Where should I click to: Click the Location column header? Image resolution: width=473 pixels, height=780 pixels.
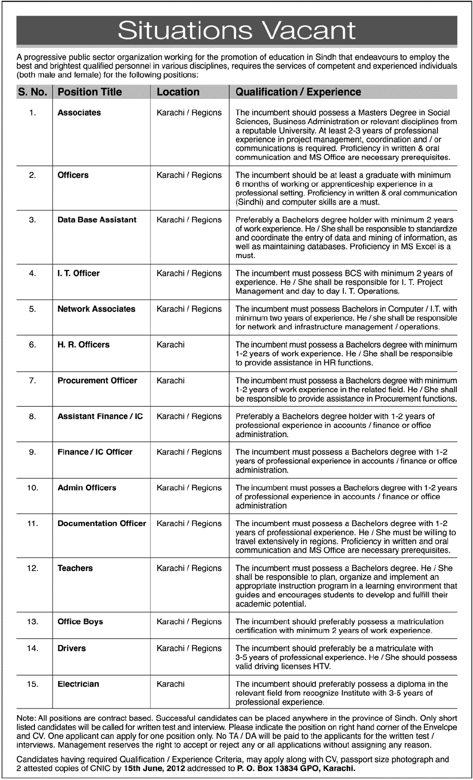178,92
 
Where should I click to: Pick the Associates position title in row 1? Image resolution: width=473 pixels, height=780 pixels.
79,113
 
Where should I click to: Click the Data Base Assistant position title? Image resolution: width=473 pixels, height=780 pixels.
97,220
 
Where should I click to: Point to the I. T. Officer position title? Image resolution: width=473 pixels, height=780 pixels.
79,273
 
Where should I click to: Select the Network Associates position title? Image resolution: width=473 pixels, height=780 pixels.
96,309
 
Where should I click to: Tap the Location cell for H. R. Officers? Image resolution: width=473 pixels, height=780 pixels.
171,344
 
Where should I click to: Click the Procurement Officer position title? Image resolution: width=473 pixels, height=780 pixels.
97,380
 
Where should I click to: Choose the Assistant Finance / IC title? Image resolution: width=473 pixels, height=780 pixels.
100,416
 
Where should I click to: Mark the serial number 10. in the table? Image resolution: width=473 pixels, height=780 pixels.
32,487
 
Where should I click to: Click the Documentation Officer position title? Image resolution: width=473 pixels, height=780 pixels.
102,523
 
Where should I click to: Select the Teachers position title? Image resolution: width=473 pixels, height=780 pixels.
75,568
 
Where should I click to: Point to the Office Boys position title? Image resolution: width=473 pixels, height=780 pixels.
80,621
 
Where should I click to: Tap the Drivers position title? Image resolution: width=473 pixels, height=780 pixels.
71,648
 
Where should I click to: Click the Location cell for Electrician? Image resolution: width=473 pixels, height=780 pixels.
171,684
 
